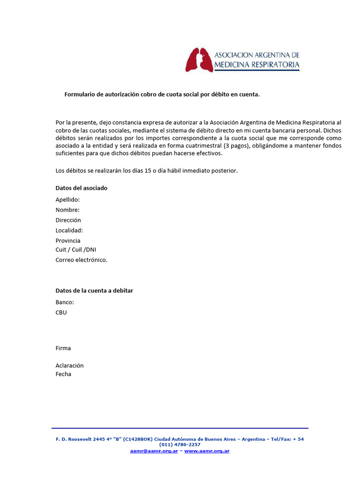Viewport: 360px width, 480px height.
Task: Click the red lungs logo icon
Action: point(199,60)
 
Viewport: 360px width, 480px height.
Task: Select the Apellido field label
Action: point(67,200)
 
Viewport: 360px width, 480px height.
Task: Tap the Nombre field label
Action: point(67,210)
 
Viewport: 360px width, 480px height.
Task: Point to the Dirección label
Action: point(68,220)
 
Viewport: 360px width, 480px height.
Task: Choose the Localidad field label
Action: point(69,231)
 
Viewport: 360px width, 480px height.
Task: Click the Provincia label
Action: point(68,241)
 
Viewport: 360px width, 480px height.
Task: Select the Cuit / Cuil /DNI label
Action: point(75,250)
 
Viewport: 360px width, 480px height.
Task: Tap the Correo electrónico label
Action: point(81,260)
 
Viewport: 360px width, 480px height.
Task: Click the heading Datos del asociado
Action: point(81,188)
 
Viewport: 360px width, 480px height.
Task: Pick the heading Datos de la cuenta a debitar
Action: point(94,291)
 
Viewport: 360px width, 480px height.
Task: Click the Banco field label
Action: point(65,302)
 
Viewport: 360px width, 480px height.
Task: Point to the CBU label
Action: point(61,313)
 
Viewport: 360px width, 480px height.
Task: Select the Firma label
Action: point(63,348)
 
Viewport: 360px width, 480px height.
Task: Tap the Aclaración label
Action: point(69,366)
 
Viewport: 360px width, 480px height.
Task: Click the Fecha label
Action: point(63,375)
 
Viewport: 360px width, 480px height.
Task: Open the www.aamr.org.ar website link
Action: point(207,451)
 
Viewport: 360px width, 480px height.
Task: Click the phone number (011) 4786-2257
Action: point(180,444)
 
